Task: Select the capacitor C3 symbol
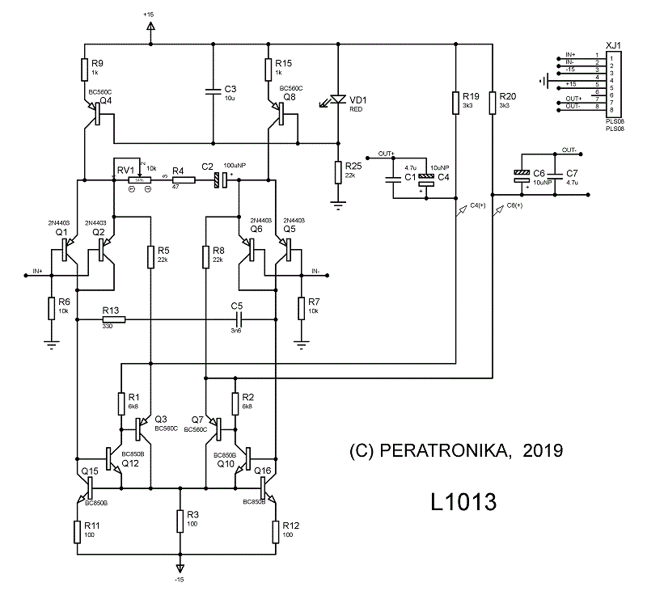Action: pos(212,89)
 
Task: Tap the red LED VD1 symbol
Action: pos(337,99)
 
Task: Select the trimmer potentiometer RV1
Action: pos(142,179)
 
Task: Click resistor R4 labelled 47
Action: pos(184,179)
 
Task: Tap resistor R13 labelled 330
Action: pos(113,319)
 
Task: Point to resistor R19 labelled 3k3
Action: pos(455,103)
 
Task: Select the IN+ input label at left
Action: pos(37,270)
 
